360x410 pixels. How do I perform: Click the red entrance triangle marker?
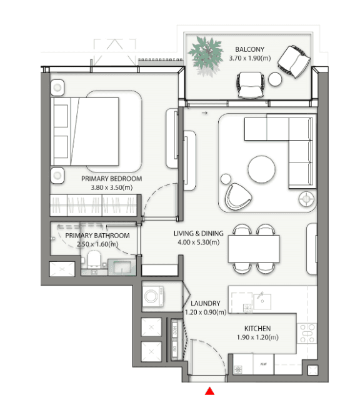[210, 391]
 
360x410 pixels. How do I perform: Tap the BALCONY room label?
[249, 49]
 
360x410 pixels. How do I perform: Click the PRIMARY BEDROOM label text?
[112, 179]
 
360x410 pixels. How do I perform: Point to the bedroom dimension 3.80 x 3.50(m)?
[112, 187]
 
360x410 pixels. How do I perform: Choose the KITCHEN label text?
[257, 328]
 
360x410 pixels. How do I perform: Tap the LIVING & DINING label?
[198, 234]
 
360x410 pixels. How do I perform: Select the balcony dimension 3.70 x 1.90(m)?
[249, 58]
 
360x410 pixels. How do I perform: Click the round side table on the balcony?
[276, 79]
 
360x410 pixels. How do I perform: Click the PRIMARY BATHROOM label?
[97, 236]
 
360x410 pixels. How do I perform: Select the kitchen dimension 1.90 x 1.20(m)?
[257, 337]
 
